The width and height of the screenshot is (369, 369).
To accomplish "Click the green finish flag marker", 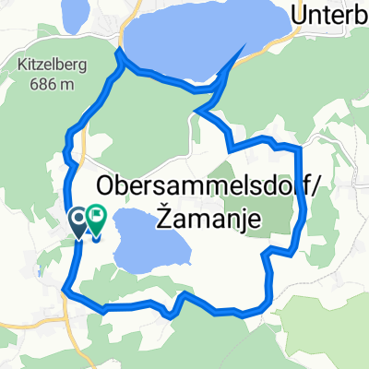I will [x=96, y=219].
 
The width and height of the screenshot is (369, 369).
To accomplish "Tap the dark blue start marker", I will [x=79, y=220].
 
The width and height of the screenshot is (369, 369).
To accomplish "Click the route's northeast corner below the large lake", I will [x=300, y=147].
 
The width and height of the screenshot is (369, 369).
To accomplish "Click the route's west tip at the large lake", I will [x=118, y=56].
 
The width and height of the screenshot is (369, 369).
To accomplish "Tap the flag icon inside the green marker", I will [x=96, y=217].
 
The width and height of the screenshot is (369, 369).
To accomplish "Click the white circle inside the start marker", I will [x=79, y=218].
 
